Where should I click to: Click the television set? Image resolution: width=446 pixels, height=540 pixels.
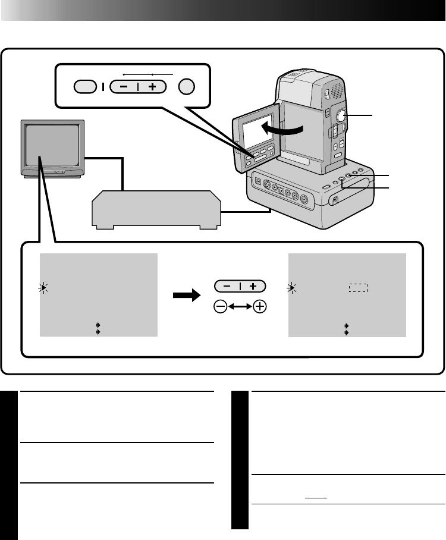52,147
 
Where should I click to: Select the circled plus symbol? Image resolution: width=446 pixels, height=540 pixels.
259,307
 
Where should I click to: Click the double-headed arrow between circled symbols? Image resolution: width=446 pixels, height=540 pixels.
240,307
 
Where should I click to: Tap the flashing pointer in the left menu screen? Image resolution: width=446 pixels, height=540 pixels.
43,288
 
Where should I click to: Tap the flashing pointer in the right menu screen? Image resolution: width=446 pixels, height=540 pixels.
292,288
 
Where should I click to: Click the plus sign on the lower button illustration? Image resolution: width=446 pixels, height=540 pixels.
254,286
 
